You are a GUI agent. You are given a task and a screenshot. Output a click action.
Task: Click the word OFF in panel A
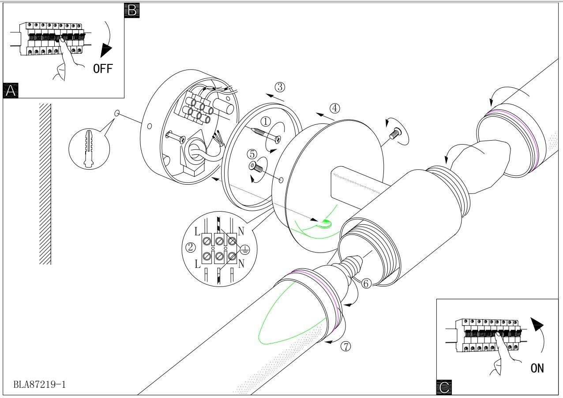tap(103, 69)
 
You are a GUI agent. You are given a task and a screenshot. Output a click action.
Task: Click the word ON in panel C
tap(537, 368)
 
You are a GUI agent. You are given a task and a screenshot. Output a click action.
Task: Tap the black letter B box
tap(132, 11)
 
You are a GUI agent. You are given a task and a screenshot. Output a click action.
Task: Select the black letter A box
tap(11, 90)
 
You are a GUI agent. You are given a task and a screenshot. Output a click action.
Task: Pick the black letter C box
tap(444, 387)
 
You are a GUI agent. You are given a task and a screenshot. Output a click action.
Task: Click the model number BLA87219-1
tap(39, 384)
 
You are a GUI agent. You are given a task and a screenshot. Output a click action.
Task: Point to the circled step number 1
tap(266, 122)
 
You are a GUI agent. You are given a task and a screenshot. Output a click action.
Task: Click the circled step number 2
tap(191, 247)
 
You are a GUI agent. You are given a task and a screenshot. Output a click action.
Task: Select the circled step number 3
tap(280, 87)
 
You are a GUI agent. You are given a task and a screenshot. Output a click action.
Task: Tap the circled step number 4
tap(335, 108)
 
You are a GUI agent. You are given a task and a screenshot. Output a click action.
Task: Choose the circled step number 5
tap(252, 154)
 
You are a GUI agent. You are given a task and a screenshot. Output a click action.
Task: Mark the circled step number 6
tap(366, 283)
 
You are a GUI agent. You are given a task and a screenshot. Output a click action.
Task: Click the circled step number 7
tap(346, 346)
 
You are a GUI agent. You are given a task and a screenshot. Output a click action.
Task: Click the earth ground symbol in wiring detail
tap(244, 249)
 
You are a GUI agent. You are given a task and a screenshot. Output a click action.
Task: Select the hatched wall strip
tap(45, 184)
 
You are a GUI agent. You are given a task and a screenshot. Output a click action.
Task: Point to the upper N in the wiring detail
tap(241, 231)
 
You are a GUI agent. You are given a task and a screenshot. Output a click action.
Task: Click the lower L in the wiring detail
tap(198, 264)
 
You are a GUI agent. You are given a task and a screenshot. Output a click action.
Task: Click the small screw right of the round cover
tap(394, 133)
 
